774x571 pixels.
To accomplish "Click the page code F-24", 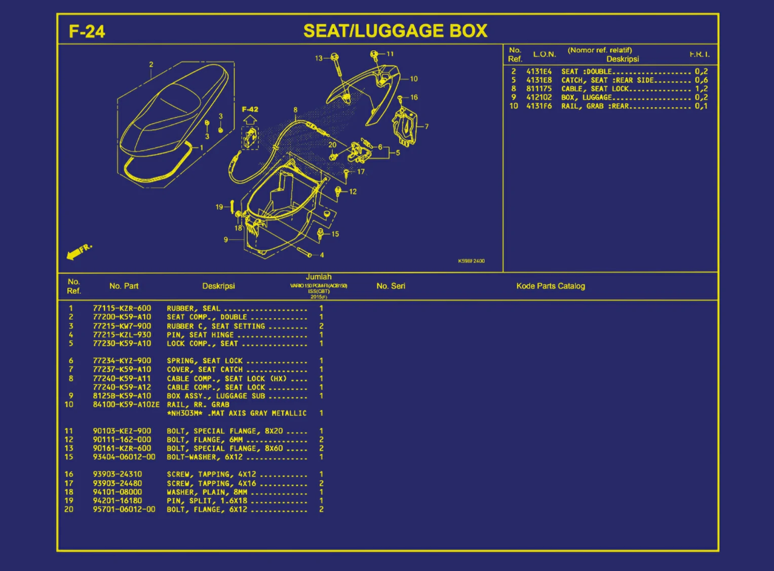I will point(87,31).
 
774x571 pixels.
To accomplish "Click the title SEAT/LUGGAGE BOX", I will point(395,31).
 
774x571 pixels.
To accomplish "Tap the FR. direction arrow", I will point(79,251).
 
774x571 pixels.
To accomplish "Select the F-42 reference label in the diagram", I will point(250,109).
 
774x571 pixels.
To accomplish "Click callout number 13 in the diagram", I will point(319,58).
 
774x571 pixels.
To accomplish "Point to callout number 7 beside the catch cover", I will point(427,127).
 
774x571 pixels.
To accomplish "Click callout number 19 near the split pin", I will point(219,207).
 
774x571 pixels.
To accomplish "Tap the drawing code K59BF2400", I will point(471,261).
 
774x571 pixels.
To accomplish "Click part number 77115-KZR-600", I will point(122,308).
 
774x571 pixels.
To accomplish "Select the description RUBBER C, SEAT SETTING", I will point(216,326).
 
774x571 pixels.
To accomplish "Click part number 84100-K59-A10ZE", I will point(126,404).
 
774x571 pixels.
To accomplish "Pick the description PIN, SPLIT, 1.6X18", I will point(207,501).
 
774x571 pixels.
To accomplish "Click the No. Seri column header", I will point(391,286).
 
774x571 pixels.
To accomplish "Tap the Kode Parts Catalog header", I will point(551,286).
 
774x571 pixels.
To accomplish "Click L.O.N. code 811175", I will point(539,89).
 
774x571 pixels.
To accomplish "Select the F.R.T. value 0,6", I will point(701,80).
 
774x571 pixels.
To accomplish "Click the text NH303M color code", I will point(185,413).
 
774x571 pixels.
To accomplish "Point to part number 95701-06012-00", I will point(124,509).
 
